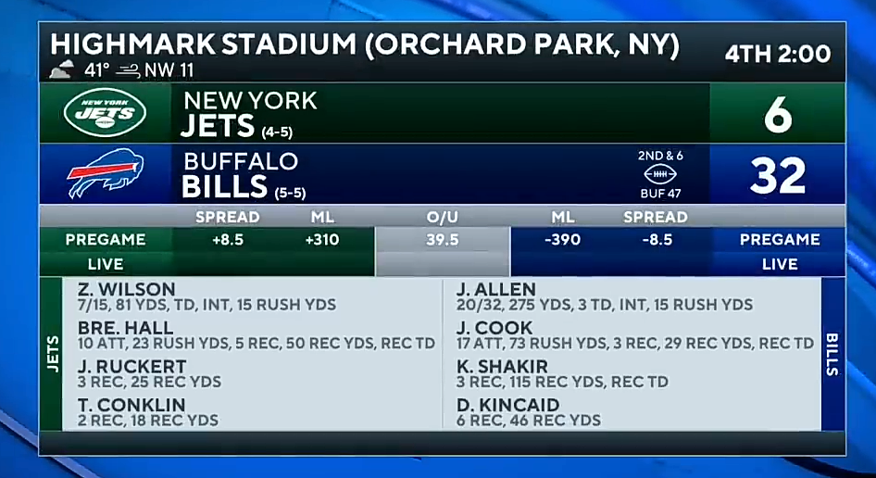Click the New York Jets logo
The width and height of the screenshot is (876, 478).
click(105, 112)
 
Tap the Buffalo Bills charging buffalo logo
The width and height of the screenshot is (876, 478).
click(105, 172)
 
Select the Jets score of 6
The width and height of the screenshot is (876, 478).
click(778, 116)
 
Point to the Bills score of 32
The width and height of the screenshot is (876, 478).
click(778, 176)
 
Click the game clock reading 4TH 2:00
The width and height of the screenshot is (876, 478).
click(778, 55)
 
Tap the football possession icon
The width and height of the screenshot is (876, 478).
click(660, 174)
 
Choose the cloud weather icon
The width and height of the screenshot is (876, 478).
click(61, 69)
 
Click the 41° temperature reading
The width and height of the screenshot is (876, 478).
click(97, 70)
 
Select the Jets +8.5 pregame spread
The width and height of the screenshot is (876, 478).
click(228, 240)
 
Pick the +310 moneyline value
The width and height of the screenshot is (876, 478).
click(322, 240)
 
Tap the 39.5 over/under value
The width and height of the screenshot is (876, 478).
click(443, 240)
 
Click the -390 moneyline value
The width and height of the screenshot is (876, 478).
click(563, 240)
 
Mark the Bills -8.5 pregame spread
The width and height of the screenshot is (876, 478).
click(657, 240)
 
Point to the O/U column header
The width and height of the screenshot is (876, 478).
click(443, 217)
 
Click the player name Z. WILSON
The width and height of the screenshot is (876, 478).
click(127, 289)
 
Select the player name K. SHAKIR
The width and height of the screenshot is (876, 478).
click(502, 366)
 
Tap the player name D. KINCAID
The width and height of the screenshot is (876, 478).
click(507, 405)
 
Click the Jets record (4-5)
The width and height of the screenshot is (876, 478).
click(277, 132)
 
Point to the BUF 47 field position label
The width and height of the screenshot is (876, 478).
click(660, 194)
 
